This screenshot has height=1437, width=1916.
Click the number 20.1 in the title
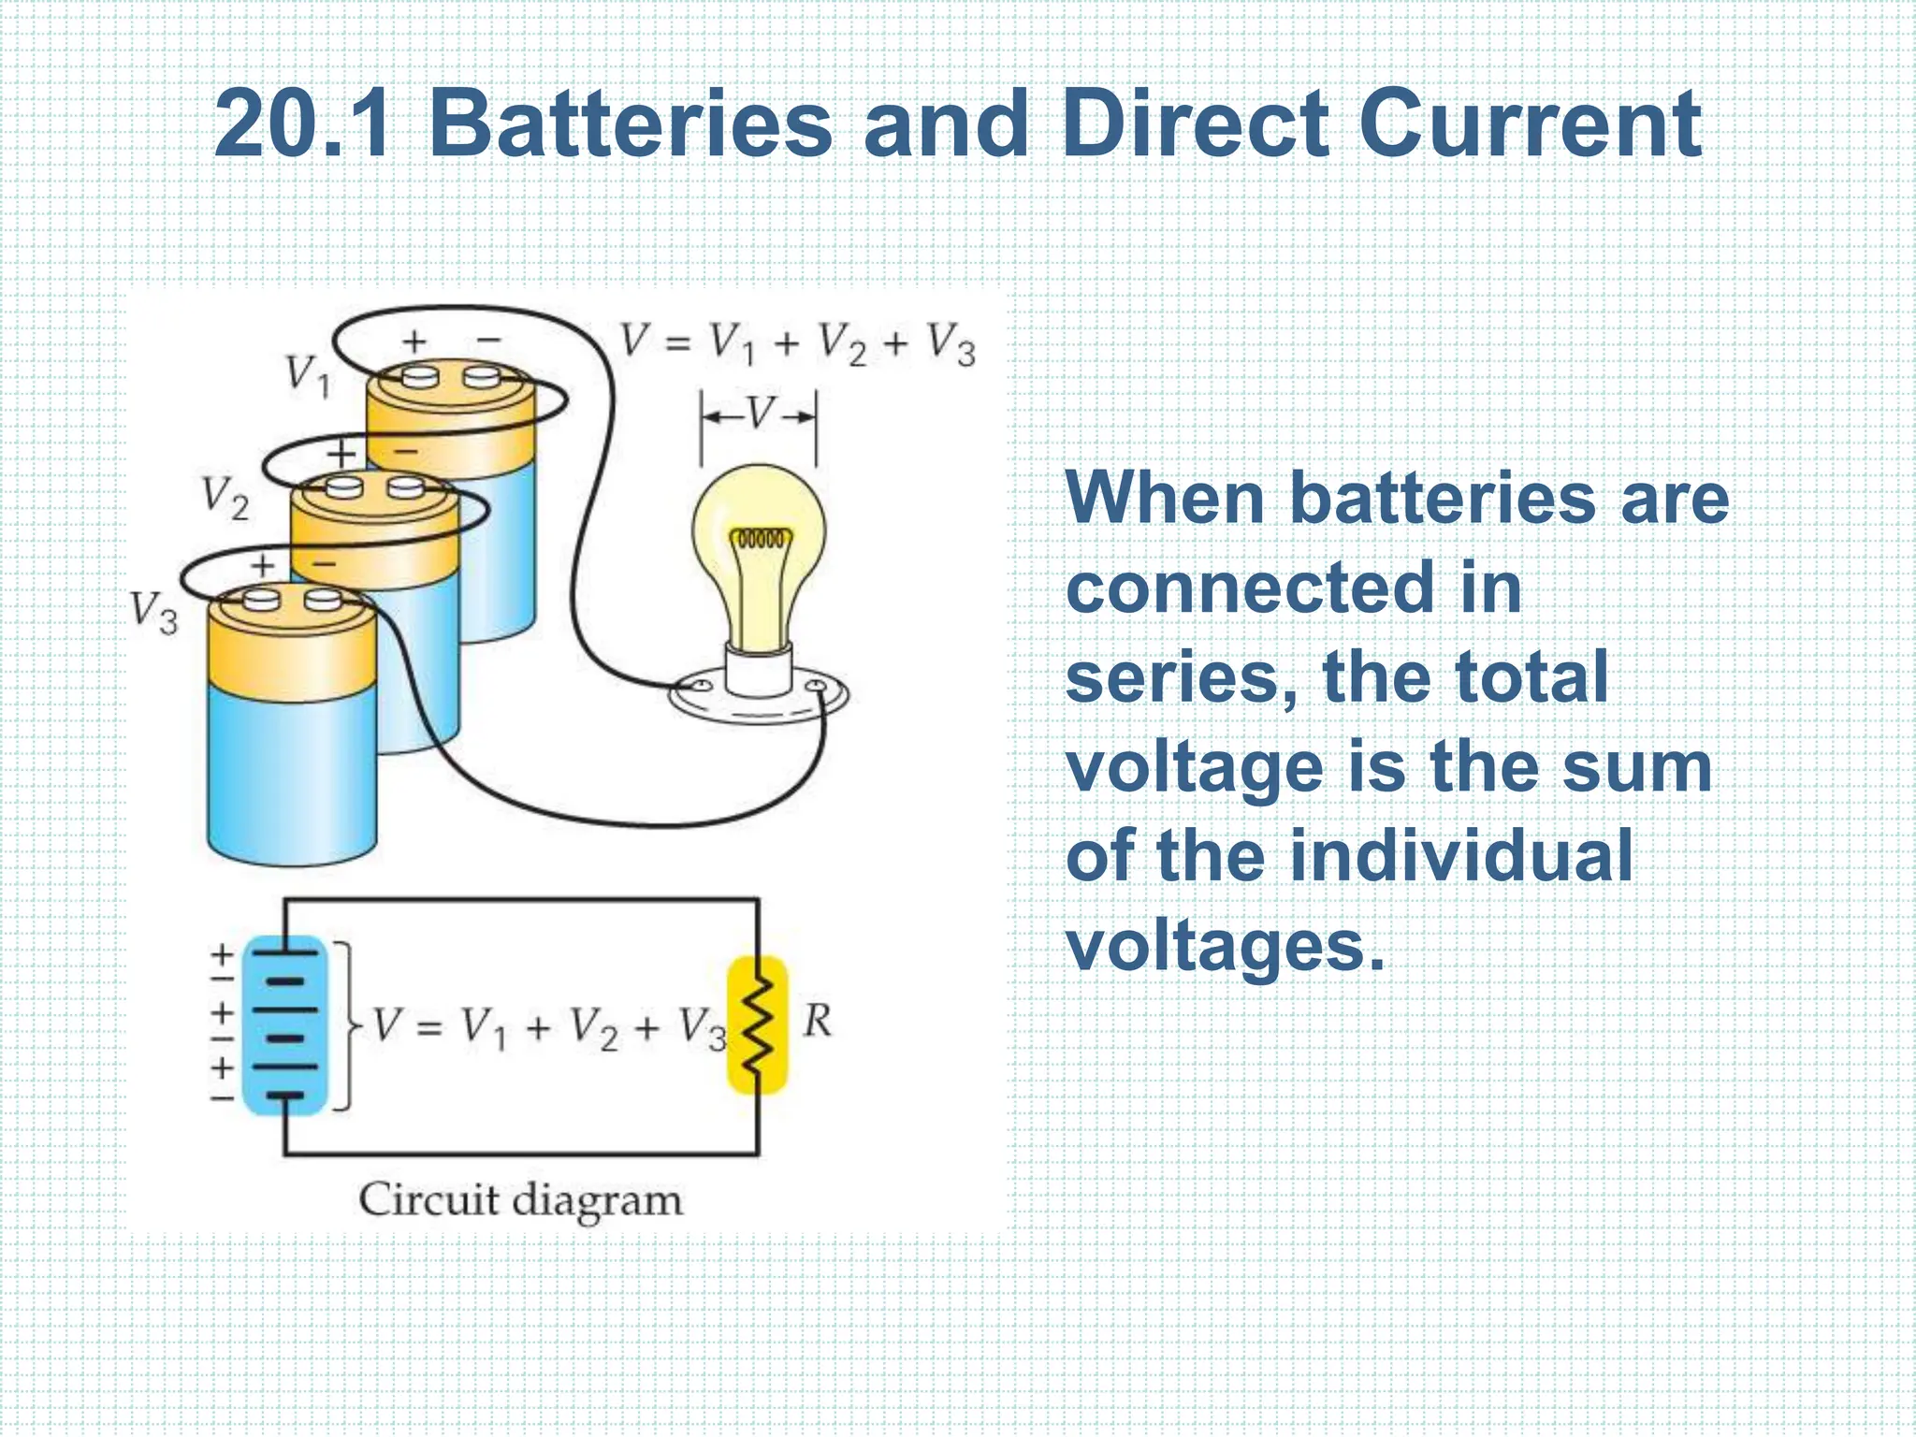(x=301, y=124)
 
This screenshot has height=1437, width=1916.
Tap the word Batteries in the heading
(x=630, y=124)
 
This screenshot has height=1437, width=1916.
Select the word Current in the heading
(x=1529, y=124)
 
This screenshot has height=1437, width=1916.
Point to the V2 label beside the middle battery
(x=225, y=498)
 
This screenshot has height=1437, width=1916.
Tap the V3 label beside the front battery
(x=153, y=614)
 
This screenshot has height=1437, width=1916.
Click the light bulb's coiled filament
(x=760, y=540)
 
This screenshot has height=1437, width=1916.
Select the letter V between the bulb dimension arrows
(x=760, y=413)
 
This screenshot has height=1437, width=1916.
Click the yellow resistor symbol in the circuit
(x=758, y=1024)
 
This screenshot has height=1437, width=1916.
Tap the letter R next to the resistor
(x=817, y=1021)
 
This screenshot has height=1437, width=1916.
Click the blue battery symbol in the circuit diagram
(x=285, y=1025)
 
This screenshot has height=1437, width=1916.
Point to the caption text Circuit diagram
(x=520, y=1200)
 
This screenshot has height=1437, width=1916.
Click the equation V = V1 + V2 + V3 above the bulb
(x=797, y=343)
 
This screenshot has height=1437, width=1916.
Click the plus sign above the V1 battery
(x=414, y=341)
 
